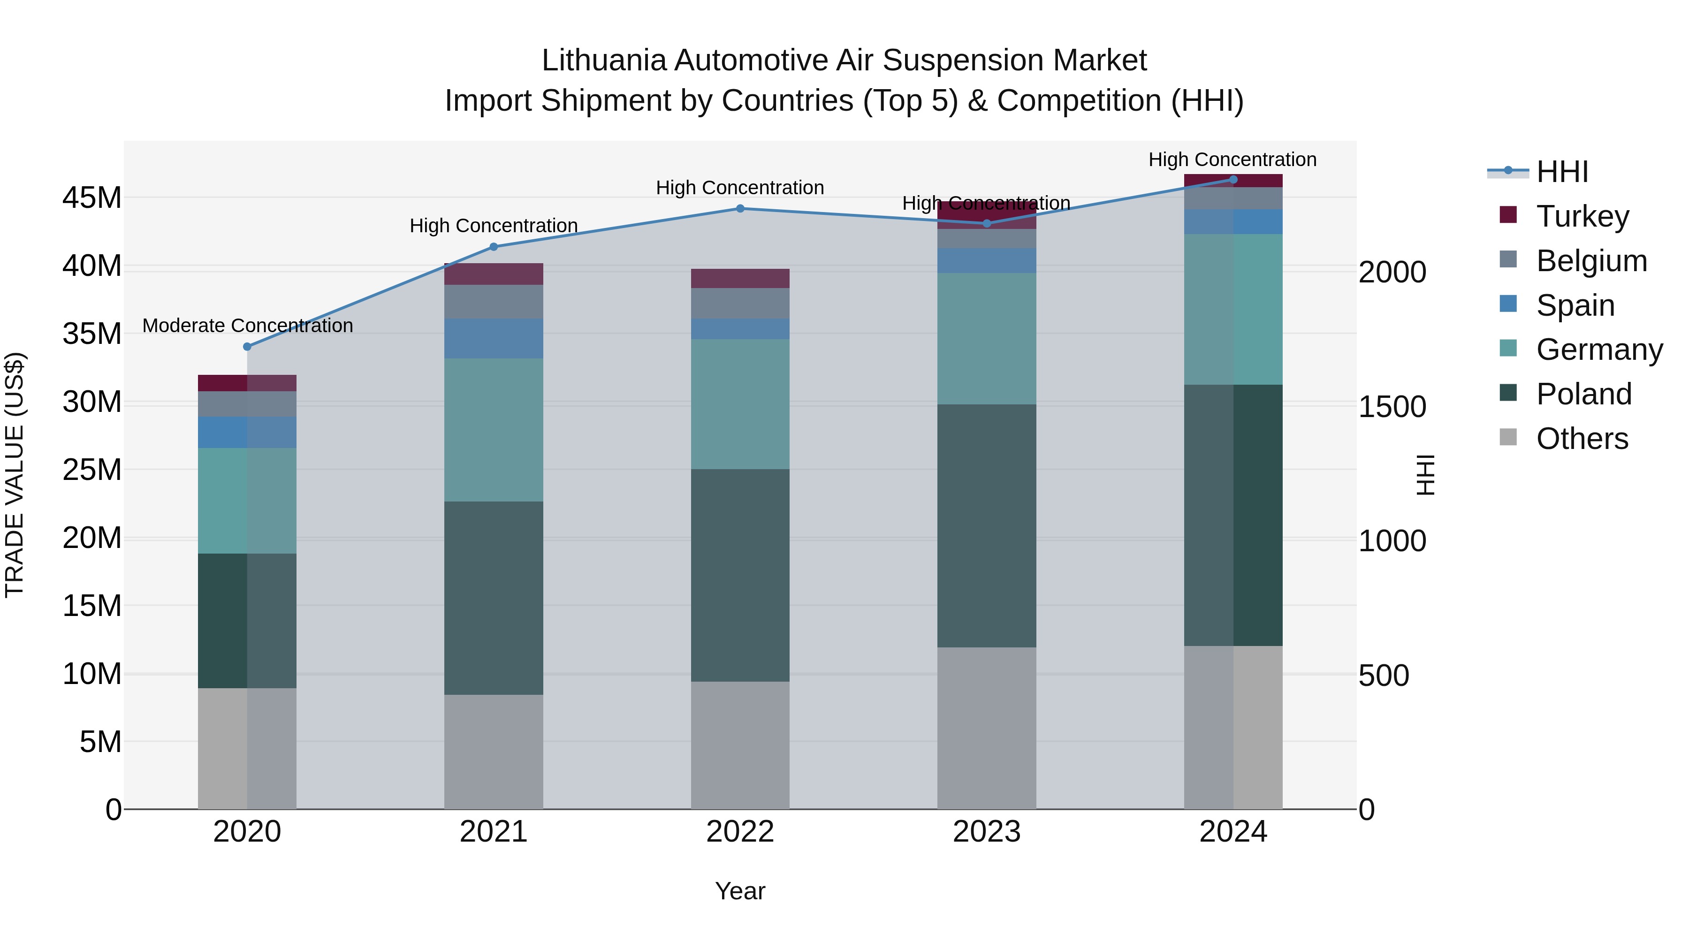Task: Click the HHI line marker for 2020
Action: pyautogui.click(x=247, y=347)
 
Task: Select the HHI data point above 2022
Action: pyautogui.click(x=740, y=208)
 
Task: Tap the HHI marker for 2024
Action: pyautogui.click(x=1233, y=180)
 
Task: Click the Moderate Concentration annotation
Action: pyautogui.click(x=247, y=326)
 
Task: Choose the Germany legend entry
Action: pyautogui.click(x=1599, y=350)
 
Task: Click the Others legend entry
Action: pyautogui.click(x=1582, y=439)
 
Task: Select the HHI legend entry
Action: pyautogui.click(x=1562, y=172)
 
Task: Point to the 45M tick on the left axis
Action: pyautogui.click(x=92, y=198)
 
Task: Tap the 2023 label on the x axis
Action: pyautogui.click(x=987, y=832)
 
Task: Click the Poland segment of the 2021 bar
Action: pyautogui.click(x=494, y=598)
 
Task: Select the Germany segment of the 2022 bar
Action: pyautogui.click(x=740, y=404)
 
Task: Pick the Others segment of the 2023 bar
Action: pyautogui.click(x=987, y=728)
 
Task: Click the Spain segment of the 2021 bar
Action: pyautogui.click(x=494, y=338)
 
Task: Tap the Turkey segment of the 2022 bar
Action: pyautogui.click(x=740, y=279)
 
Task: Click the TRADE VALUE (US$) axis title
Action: pyautogui.click(x=15, y=475)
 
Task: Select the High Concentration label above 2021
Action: pyautogui.click(x=494, y=226)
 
